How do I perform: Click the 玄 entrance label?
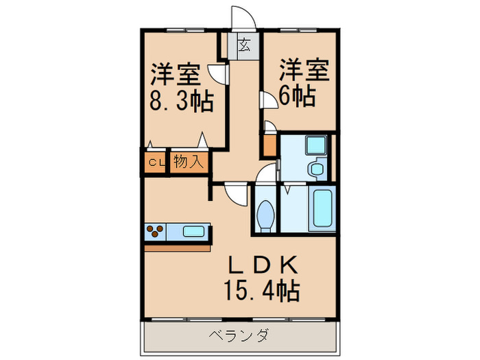click(244, 47)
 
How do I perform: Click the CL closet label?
click(156, 163)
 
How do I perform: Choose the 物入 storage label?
click(187, 163)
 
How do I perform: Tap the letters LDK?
click(259, 265)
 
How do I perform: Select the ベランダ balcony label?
click(239, 336)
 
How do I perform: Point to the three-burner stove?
click(156, 232)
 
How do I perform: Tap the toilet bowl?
click(265, 215)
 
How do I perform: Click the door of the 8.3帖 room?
click(219, 73)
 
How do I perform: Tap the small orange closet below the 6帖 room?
click(268, 145)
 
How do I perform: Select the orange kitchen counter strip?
click(177, 246)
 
